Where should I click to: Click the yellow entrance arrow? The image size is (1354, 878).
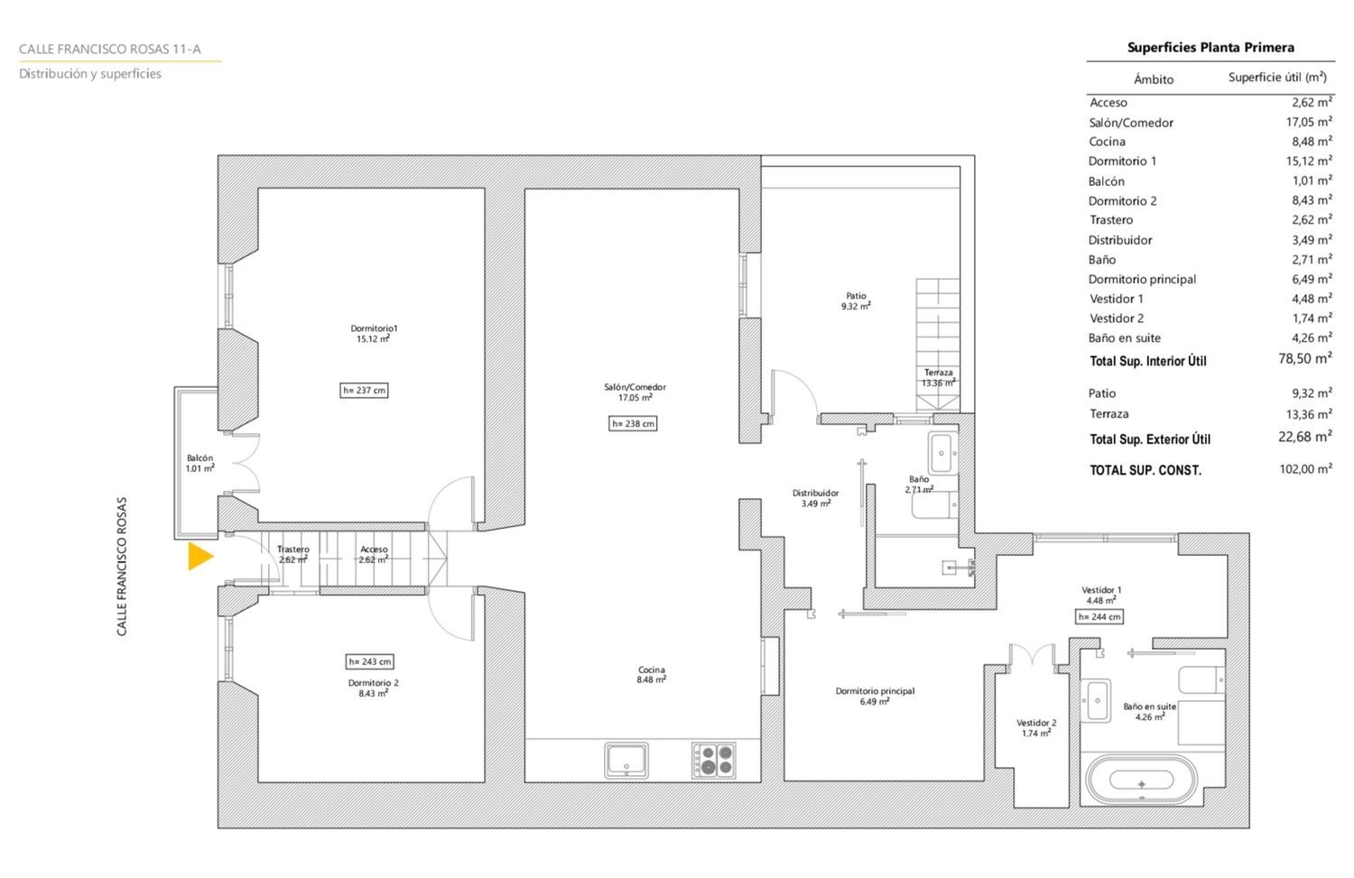200,556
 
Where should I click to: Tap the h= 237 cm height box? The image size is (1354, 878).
364,391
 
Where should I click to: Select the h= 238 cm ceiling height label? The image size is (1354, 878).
633,423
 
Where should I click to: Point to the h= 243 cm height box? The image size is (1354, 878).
370,661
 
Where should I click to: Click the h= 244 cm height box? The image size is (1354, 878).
1099,617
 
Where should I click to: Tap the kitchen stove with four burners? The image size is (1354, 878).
714,760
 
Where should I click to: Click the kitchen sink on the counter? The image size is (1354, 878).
626,760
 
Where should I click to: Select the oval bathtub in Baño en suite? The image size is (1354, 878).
1141,780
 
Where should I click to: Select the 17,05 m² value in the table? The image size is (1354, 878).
1309,122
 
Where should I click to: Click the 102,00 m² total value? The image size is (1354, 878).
1305,468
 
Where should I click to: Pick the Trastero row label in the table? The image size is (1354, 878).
1111,220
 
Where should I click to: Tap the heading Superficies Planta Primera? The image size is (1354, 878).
1210,47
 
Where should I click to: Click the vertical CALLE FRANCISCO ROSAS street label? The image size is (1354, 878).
122,566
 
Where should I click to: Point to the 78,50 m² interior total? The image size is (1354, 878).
1305,358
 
